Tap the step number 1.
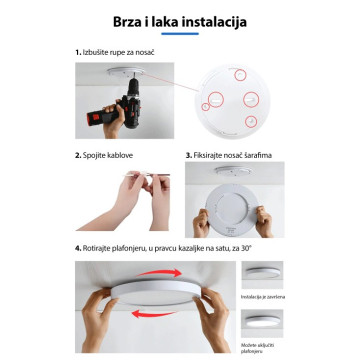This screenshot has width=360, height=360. (x=77, y=50)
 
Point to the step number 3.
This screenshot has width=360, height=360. (x=188, y=156)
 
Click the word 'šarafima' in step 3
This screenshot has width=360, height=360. (x=259, y=156)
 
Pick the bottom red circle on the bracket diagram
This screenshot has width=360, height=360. (x=247, y=120)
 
